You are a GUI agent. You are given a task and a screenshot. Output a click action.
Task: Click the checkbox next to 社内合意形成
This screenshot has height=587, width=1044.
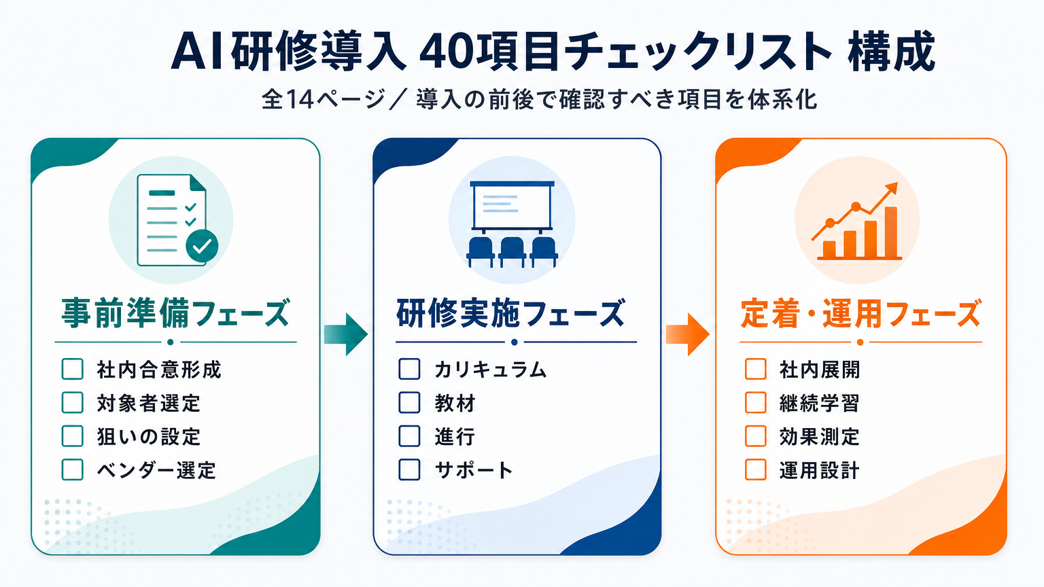point(72,370)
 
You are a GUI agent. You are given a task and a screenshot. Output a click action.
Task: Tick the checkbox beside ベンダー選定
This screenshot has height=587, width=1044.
point(72,469)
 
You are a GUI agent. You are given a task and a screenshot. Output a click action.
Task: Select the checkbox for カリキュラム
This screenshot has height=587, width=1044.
point(409,370)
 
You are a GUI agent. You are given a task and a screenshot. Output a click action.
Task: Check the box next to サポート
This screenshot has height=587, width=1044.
point(409,469)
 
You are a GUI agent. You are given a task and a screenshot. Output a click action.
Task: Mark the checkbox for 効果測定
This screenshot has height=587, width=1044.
point(756,436)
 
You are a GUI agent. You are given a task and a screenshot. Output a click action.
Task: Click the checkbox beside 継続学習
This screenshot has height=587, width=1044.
point(756,402)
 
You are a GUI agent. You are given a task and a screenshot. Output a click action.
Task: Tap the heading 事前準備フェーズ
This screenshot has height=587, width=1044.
point(176,313)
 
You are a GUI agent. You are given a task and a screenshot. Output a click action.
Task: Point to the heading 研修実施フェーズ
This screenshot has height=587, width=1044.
point(511,313)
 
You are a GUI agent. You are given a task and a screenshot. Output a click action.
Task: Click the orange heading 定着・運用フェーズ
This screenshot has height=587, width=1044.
point(861,313)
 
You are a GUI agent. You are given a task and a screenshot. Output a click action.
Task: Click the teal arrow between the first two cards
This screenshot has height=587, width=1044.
point(346,334)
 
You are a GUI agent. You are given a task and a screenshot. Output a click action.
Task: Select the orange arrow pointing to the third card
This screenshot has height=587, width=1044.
point(688,334)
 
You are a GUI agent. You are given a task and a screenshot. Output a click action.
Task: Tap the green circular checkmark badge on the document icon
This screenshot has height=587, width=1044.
point(202,245)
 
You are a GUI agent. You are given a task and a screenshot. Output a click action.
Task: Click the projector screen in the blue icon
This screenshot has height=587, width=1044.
point(512,205)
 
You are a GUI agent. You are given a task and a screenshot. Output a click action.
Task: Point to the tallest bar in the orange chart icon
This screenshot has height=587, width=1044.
point(890,232)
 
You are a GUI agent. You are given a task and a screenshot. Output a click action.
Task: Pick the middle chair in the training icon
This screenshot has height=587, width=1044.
point(512,251)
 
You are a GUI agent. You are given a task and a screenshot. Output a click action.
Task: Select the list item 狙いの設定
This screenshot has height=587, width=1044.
point(149,437)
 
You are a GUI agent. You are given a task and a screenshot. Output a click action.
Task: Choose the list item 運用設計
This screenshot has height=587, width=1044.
point(819,470)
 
